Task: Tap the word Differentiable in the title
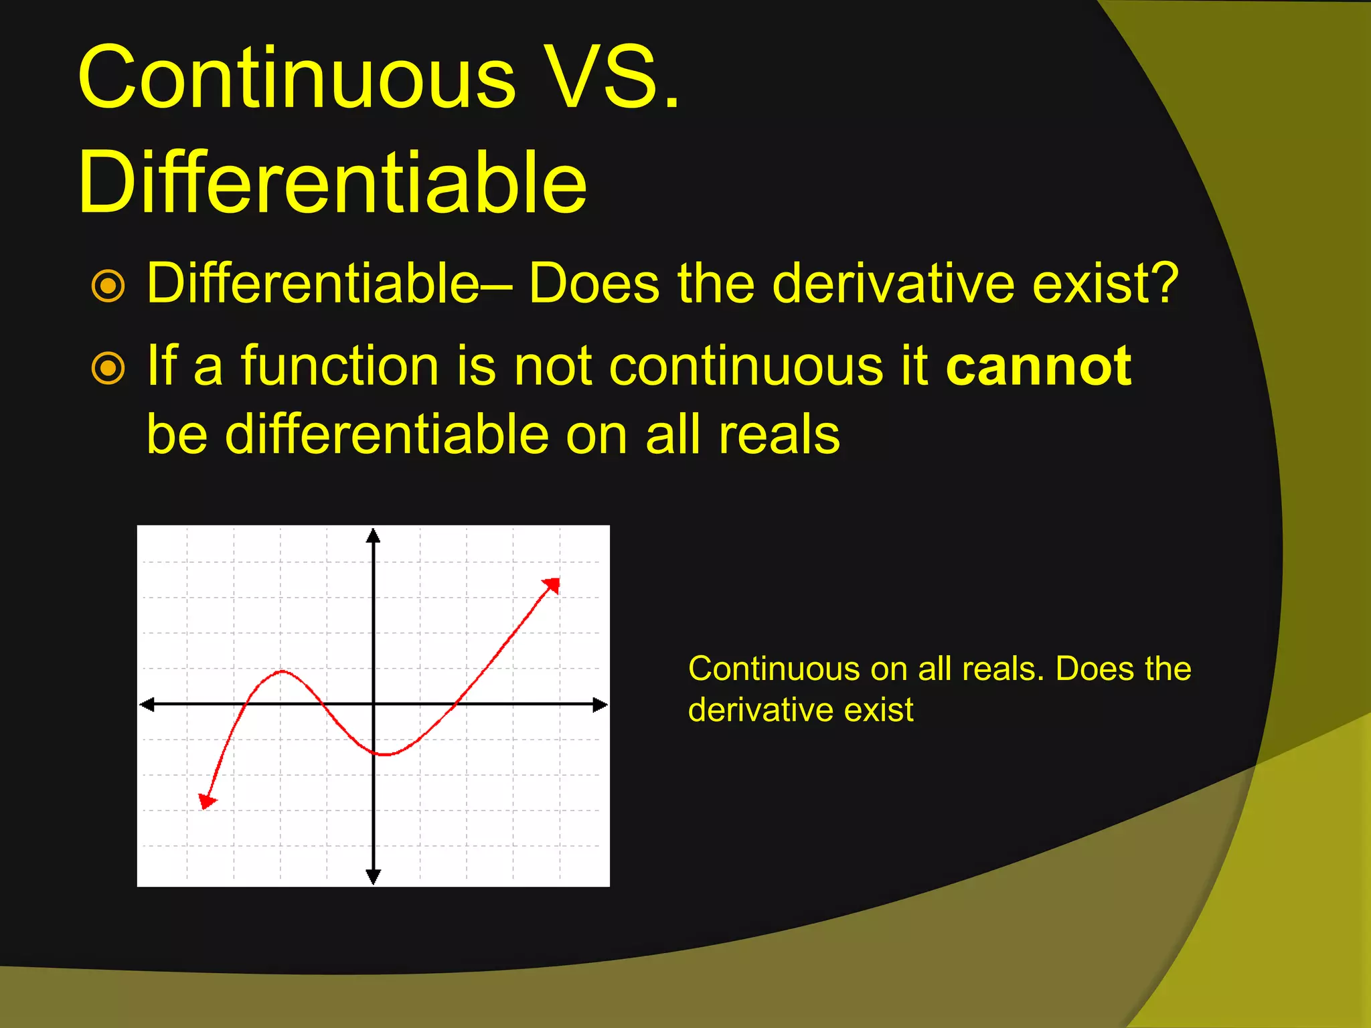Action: coord(332,183)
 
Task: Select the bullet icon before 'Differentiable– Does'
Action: coord(108,286)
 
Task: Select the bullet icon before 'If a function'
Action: coord(108,368)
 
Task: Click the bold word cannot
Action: coord(1038,366)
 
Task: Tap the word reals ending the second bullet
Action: coord(779,435)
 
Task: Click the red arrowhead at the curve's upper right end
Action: coord(552,585)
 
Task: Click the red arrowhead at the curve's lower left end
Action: coord(207,800)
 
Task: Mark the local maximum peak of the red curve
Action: coord(283,671)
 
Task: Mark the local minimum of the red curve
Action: coord(385,754)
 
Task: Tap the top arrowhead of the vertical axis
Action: coord(374,535)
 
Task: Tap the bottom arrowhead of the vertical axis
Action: coord(374,877)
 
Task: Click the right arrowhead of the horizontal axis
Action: coord(600,704)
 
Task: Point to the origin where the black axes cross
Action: coord(374,704)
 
